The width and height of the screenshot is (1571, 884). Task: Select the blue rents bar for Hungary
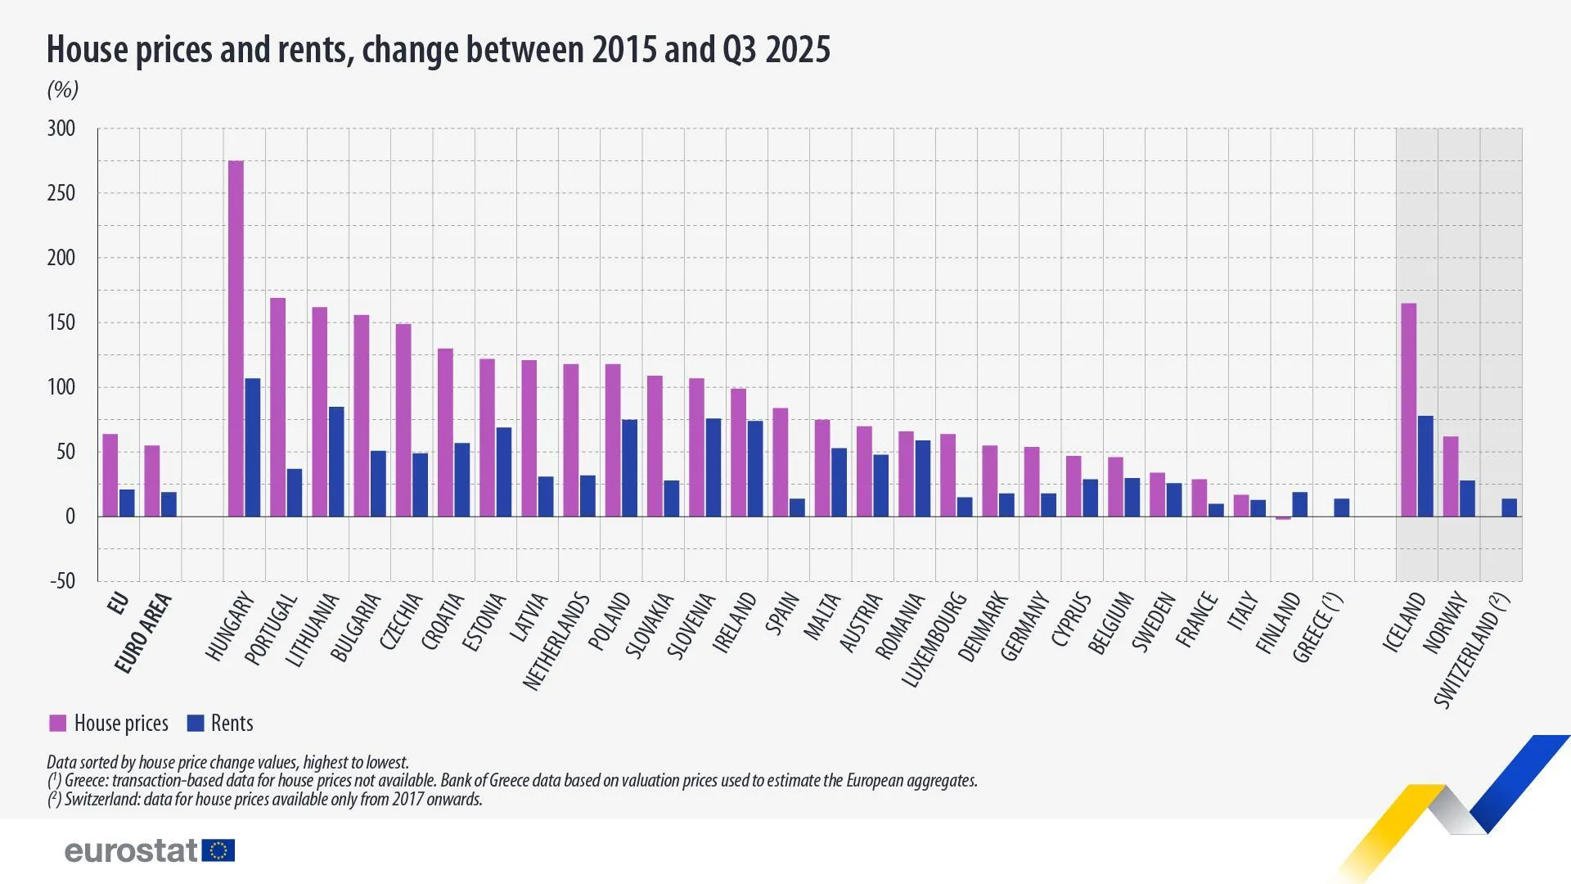tap(253, 447)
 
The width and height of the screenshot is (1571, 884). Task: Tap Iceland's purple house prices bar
tap(1409, 409)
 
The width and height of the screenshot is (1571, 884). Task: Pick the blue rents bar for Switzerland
tap(1509, 507)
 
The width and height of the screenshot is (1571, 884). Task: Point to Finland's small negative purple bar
tap(1283, 518)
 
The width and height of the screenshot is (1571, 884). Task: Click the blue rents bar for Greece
tap(1342, 507)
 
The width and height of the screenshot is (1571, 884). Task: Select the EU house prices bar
tap(110, 475)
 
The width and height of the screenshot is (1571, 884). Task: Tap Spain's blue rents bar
tap(797, 507)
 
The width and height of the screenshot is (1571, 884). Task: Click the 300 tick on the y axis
tap(61, 129)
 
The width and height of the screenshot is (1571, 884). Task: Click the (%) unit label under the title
tap(63, 89)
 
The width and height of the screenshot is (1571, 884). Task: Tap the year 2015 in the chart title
tap(623, 49)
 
